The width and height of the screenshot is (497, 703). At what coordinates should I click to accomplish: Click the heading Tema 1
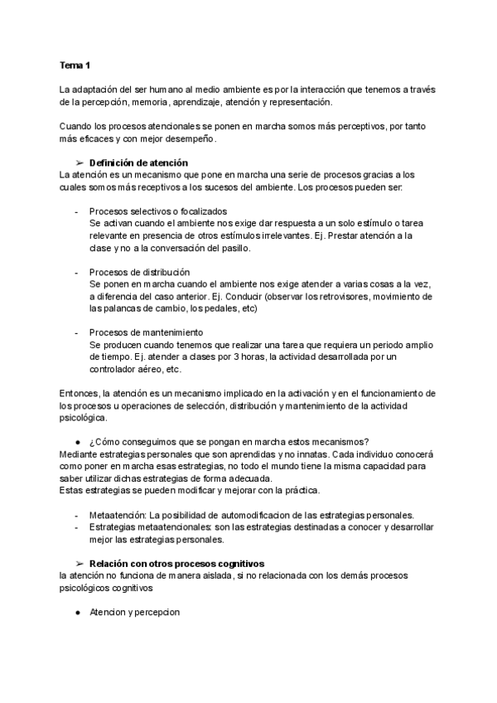[x=74, y=65]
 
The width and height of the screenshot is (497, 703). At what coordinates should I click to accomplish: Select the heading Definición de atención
[x=138, y=162]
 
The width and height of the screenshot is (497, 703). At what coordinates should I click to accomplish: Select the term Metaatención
[x=113, y=516]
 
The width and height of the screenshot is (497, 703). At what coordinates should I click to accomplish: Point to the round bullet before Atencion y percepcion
[x=76, y=613]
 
